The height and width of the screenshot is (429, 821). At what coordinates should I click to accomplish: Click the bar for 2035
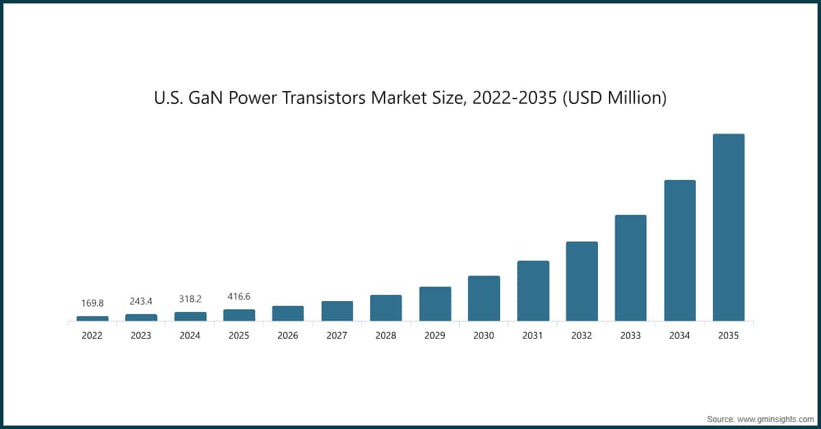(729, 227)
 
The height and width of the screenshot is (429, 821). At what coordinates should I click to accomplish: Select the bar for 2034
(679, 250)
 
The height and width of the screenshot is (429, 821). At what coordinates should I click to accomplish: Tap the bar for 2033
(631, 268)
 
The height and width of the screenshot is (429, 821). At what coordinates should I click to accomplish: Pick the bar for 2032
(582, 281)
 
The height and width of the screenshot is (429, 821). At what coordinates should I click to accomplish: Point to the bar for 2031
(533, 291)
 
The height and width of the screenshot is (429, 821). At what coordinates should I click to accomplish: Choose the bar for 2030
(484, 298)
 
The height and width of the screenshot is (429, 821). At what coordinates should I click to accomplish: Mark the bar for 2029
(435, 304)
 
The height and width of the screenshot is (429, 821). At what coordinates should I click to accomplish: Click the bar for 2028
(386, 308)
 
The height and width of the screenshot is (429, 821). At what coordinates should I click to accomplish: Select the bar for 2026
(288, 313)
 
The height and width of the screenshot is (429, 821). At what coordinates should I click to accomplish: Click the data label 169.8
(92, 302)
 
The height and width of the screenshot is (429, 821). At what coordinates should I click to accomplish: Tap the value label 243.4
(141, 301)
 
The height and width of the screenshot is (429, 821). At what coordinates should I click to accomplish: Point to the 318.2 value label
(190, 299)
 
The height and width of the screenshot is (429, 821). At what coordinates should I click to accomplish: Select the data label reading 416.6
(239, 296)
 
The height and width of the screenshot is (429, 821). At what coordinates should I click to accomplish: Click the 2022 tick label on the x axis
(92, 336)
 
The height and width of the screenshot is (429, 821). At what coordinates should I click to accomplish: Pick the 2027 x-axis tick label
(337, 336)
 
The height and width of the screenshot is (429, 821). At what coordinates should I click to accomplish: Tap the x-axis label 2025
(239, 336)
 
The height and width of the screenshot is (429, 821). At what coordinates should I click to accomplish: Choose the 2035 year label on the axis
(729, 336)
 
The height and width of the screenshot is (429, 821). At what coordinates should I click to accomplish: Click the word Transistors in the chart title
(326, 99)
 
